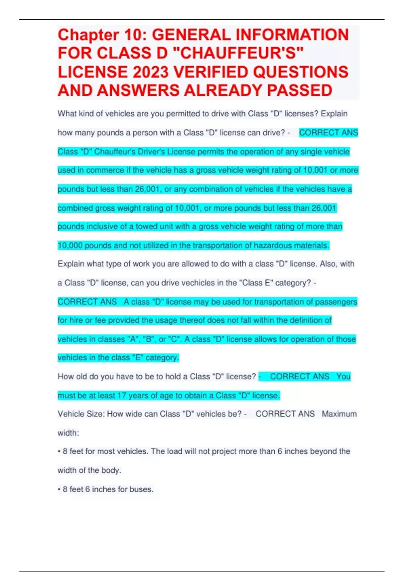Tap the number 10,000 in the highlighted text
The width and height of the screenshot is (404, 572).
point(70,245)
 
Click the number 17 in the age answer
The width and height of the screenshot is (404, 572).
point(122,395)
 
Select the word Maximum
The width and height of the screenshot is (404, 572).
point(339,414)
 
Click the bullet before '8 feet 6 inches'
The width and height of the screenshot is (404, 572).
point(59,489)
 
